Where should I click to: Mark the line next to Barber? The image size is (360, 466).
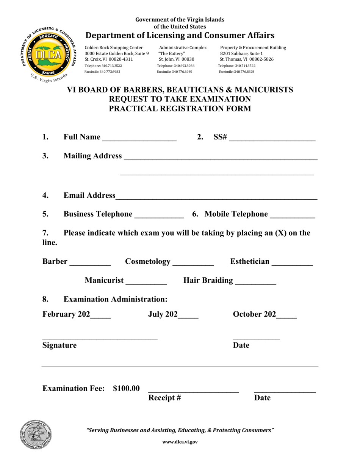click(90, 263)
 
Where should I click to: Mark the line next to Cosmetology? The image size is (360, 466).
click(193, 263)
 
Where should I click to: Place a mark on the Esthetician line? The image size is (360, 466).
click(292, 263)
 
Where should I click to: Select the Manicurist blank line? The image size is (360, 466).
click(146, 281)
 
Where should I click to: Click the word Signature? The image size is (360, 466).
click(59, 345)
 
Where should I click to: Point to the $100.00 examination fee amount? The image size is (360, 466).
click(126, 388)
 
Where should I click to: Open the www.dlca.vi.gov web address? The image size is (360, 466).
click(180, 442)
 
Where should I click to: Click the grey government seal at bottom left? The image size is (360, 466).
click(36, 435)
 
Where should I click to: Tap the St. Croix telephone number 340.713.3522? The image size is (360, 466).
click(112, 66)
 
